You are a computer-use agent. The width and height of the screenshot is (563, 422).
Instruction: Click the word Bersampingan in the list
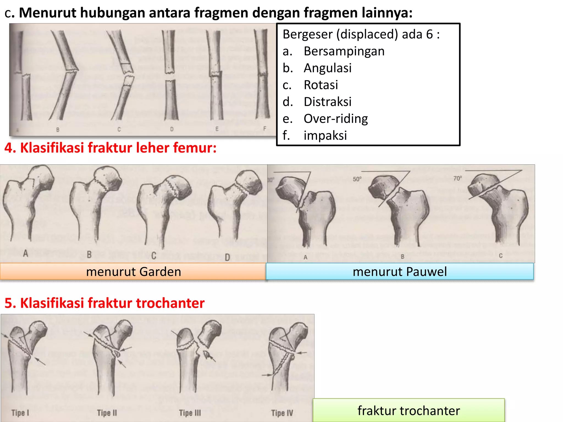click(344, 51)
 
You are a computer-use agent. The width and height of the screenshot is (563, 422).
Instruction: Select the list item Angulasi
click(327, 68)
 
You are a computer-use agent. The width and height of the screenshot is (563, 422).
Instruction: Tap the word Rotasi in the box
click(321, 85)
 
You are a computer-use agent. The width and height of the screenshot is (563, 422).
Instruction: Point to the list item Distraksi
click(327, 102)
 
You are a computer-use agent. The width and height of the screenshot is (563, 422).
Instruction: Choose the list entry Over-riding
click(336, 119)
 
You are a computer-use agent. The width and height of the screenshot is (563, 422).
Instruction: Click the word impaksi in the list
click(325, 136)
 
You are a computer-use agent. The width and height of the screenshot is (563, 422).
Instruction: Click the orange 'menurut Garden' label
click(133, 272)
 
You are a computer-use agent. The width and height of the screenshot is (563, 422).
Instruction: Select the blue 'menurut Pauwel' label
click(400, 272)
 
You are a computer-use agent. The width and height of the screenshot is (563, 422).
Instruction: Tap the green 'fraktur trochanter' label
click(409, 411)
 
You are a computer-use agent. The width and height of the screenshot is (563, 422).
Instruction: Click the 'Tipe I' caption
click(20, 413)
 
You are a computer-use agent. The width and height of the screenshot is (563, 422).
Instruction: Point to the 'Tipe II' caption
click(107, 413)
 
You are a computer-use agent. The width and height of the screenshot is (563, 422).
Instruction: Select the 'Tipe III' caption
click(190, 413)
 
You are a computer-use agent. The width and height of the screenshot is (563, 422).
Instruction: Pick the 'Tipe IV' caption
click(282, 413)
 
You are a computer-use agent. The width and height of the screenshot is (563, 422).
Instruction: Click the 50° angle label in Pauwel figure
click(357, 179)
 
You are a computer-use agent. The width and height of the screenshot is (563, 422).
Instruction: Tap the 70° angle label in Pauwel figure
click(458, 179)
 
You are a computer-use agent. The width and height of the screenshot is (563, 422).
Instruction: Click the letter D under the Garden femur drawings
click(227, 257)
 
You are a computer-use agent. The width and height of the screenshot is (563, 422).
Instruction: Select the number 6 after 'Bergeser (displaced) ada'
click(430, 35)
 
